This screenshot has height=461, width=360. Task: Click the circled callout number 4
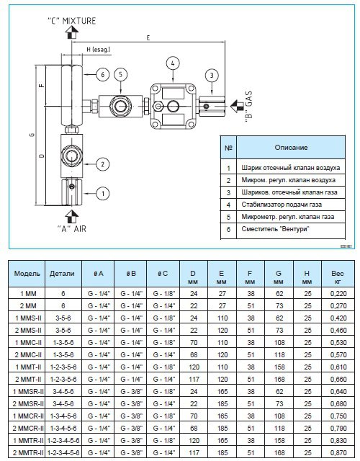[x=173, y=63]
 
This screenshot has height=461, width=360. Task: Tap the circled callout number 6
[x=102, y=75]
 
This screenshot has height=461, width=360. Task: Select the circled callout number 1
[x=103, y=194]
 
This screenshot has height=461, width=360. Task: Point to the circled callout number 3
[x=212, y=75]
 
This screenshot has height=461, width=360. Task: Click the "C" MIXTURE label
[x=72, y=21]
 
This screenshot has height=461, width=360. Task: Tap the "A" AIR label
[x=72, y=229]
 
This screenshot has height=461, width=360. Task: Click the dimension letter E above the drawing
[x=148, y=38]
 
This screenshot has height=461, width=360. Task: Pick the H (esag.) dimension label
[x=98, y=50]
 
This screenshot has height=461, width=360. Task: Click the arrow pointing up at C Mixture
[x=72, y=32]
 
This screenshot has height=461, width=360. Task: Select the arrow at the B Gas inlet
[x=237, y=106]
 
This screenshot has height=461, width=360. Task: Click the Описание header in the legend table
[x=291, y=147]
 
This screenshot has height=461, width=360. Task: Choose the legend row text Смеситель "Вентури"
[x=276, y=229]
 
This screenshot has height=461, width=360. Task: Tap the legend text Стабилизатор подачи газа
[x=282, y=205]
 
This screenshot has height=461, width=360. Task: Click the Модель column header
[x=27, y=274]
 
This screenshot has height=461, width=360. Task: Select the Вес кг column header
[x=338, y=277]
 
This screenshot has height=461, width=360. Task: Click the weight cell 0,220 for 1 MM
[x=338, y=293]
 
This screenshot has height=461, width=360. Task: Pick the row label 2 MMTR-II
[x=28, y=452]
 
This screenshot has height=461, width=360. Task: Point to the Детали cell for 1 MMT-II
[x=63, y=367]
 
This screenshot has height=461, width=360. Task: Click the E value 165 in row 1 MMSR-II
[x=222, y=391]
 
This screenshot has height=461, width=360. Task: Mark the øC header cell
[x=163, y=274]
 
